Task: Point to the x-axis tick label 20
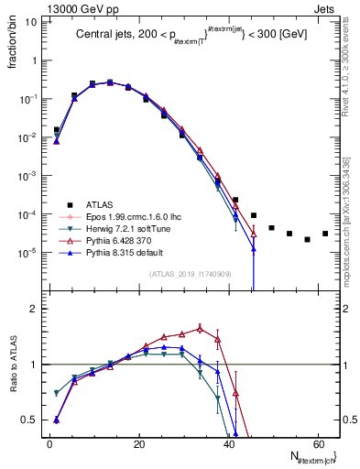point(138,444)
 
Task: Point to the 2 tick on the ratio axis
point(32,309)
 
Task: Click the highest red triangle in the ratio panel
point(200,327)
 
